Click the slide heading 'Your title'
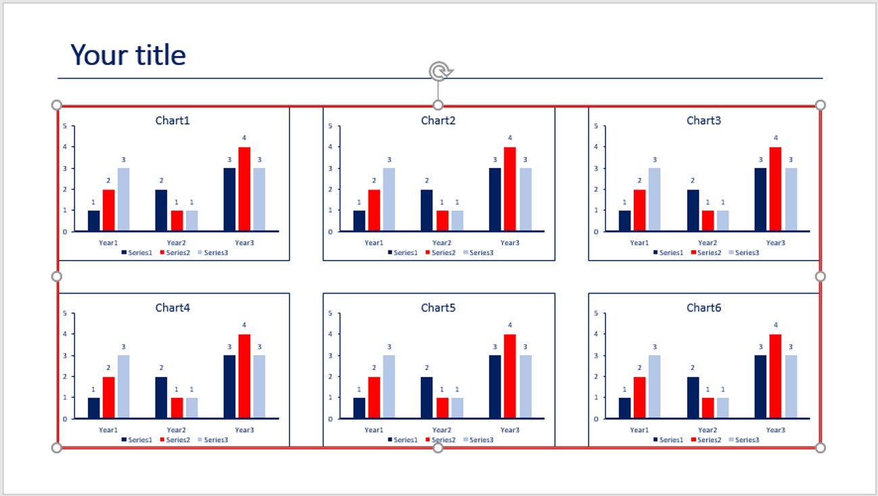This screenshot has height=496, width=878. pos(128,55)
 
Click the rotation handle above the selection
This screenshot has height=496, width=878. pos(439,71)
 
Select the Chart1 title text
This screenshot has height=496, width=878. pos(172,120)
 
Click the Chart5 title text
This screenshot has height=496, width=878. pos(438,308)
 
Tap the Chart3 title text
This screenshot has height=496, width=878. pos(703,120)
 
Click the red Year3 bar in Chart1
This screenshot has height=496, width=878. pos(244,189)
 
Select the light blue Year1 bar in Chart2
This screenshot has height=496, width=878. pos(389,200)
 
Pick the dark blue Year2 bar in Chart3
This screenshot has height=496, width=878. pos(693,210)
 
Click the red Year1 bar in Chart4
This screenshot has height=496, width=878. pos(109,397)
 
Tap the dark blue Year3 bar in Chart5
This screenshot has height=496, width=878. pos(495,386)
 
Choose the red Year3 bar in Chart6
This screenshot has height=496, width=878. pos(775,376)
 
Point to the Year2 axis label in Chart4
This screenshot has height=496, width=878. pos(176,430)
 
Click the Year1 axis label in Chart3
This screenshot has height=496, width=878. pos(639,242)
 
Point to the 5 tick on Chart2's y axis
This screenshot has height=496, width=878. pos(329,126)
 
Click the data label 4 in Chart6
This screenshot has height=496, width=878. pos(776,325)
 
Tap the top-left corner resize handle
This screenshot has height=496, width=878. pos(57,105)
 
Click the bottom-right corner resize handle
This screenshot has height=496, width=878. pos(821,447)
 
